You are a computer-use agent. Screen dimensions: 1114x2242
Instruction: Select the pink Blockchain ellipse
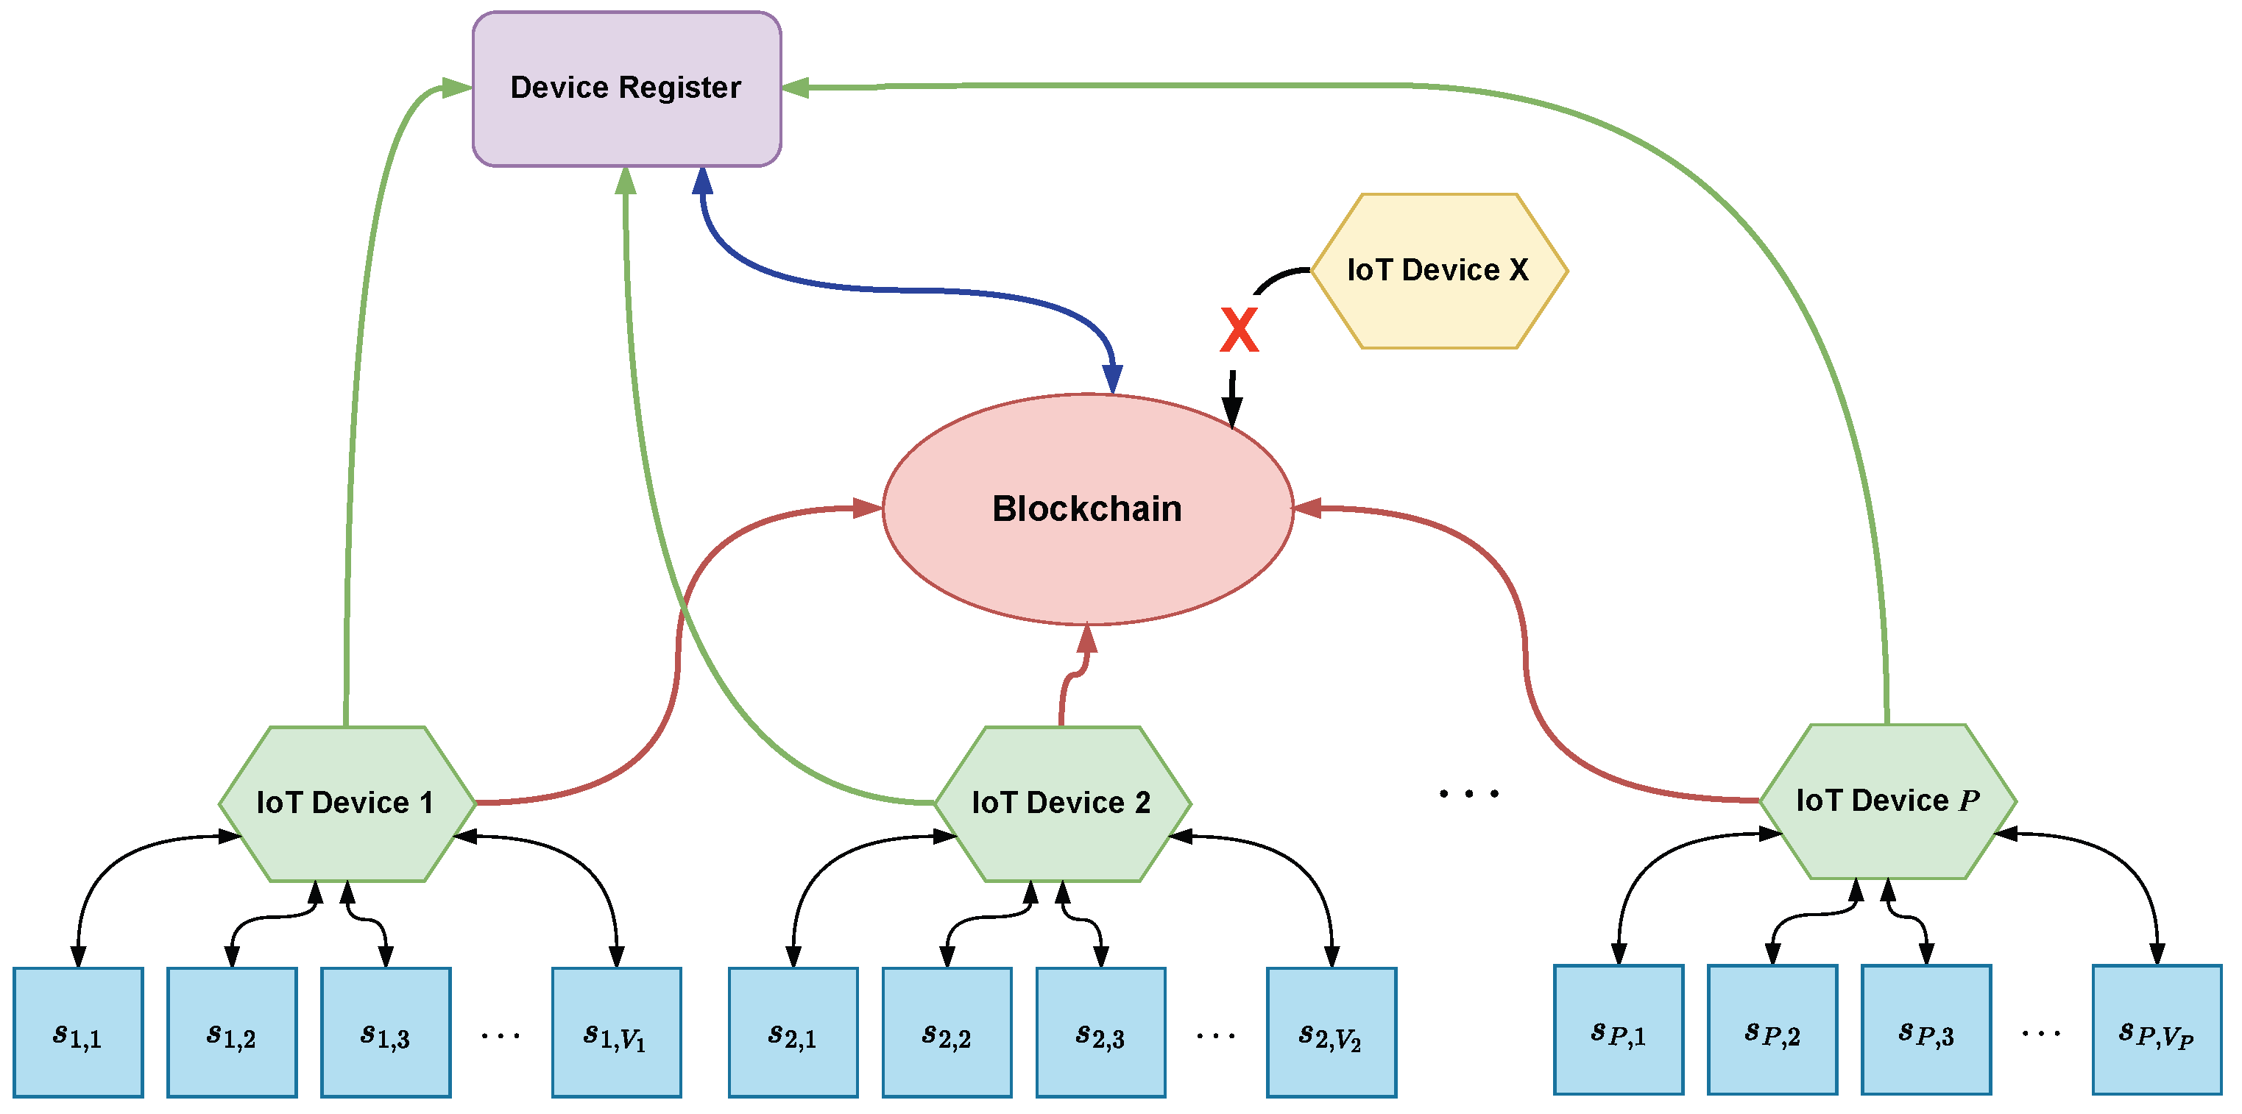tap(1087, 509)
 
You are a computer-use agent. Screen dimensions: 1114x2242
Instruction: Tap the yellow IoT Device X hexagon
tap(1439, 271)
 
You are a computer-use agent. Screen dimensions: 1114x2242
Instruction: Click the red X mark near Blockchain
tap(1239, 330)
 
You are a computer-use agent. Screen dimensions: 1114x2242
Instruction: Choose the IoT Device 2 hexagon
tap(1062, 803)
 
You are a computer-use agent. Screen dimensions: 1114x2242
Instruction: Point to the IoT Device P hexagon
tap(1887, 801)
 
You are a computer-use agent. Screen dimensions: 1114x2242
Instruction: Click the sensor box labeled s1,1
tap(78, 1033)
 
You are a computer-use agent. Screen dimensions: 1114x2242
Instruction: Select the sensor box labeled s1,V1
tap(616, 1033)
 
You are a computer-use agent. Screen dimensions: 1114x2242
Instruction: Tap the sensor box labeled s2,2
tap(947, 1033)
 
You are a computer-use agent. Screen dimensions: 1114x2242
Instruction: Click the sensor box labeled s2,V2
tap(1331, 1033)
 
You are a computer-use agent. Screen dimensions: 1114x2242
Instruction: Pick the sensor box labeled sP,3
tap(1925, 1030)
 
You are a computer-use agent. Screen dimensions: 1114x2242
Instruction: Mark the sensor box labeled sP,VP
tap(2157, 1030)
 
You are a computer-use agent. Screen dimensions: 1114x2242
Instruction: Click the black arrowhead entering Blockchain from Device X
tap(1231, 409)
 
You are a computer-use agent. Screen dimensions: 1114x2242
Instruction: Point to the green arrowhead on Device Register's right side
tap(796, 87)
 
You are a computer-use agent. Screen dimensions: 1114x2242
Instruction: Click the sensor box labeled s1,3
tap(386, 1033)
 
